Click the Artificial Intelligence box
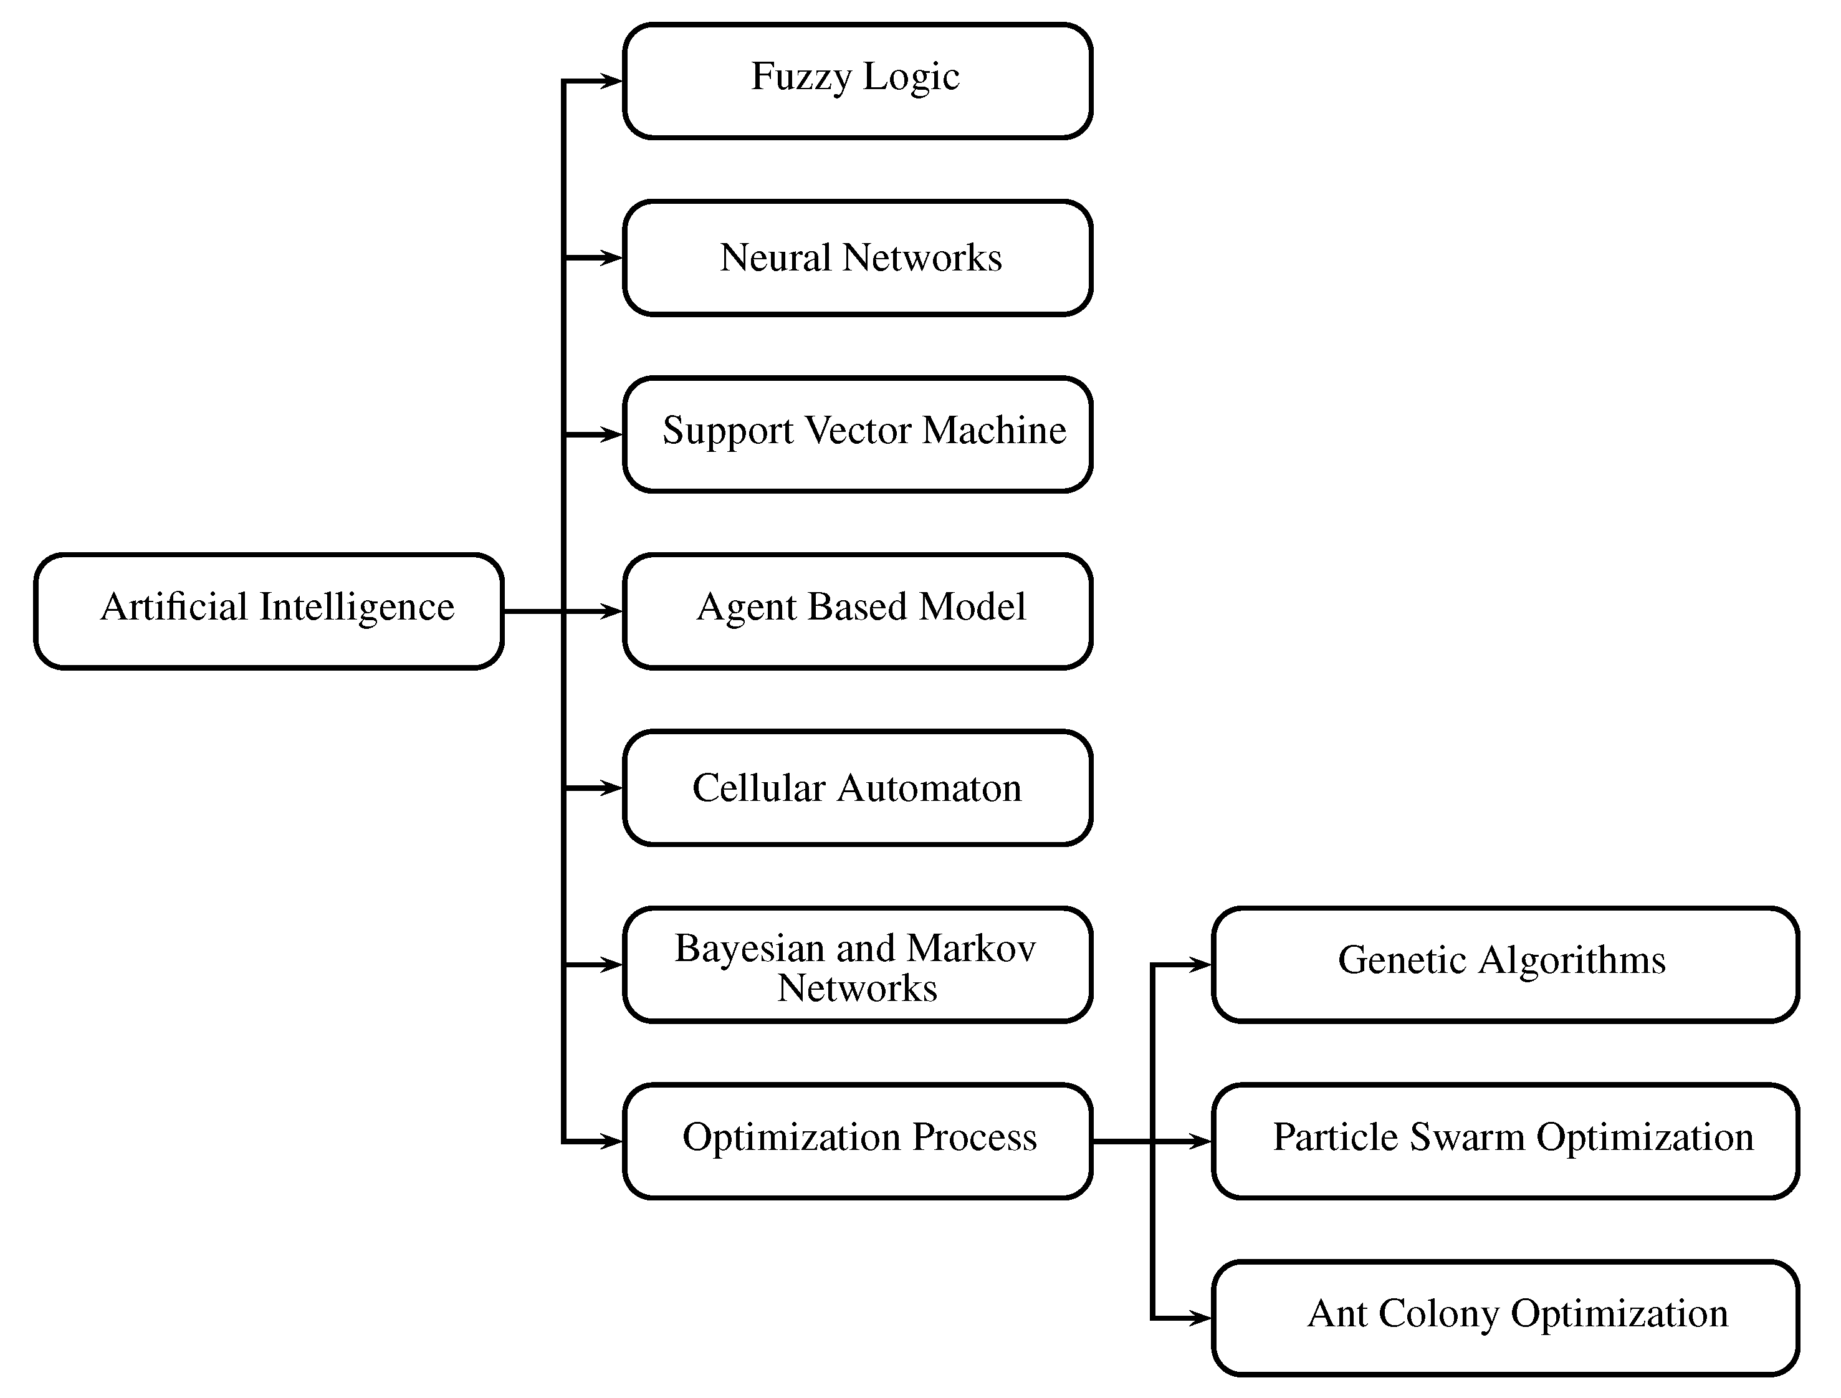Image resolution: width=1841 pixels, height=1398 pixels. pos(269,611)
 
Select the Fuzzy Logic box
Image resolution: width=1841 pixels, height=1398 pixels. pos(858,81)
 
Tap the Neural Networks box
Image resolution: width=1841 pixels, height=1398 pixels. pos(858,258)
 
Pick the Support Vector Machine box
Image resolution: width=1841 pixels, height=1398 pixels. pos(858,434)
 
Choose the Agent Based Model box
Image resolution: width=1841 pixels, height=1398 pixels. pos(858,611)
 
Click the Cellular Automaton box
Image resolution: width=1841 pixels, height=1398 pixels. pos(858,788)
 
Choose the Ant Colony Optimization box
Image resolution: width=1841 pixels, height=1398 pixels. pos(1504,1318)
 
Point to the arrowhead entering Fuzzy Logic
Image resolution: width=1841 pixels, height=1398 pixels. pos(613,81)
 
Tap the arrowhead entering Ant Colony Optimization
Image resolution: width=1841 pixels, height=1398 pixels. pos(1202,1318)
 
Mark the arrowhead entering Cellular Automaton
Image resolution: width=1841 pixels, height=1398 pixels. pos(613,788)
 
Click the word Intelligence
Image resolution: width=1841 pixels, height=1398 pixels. pos(357,608)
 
